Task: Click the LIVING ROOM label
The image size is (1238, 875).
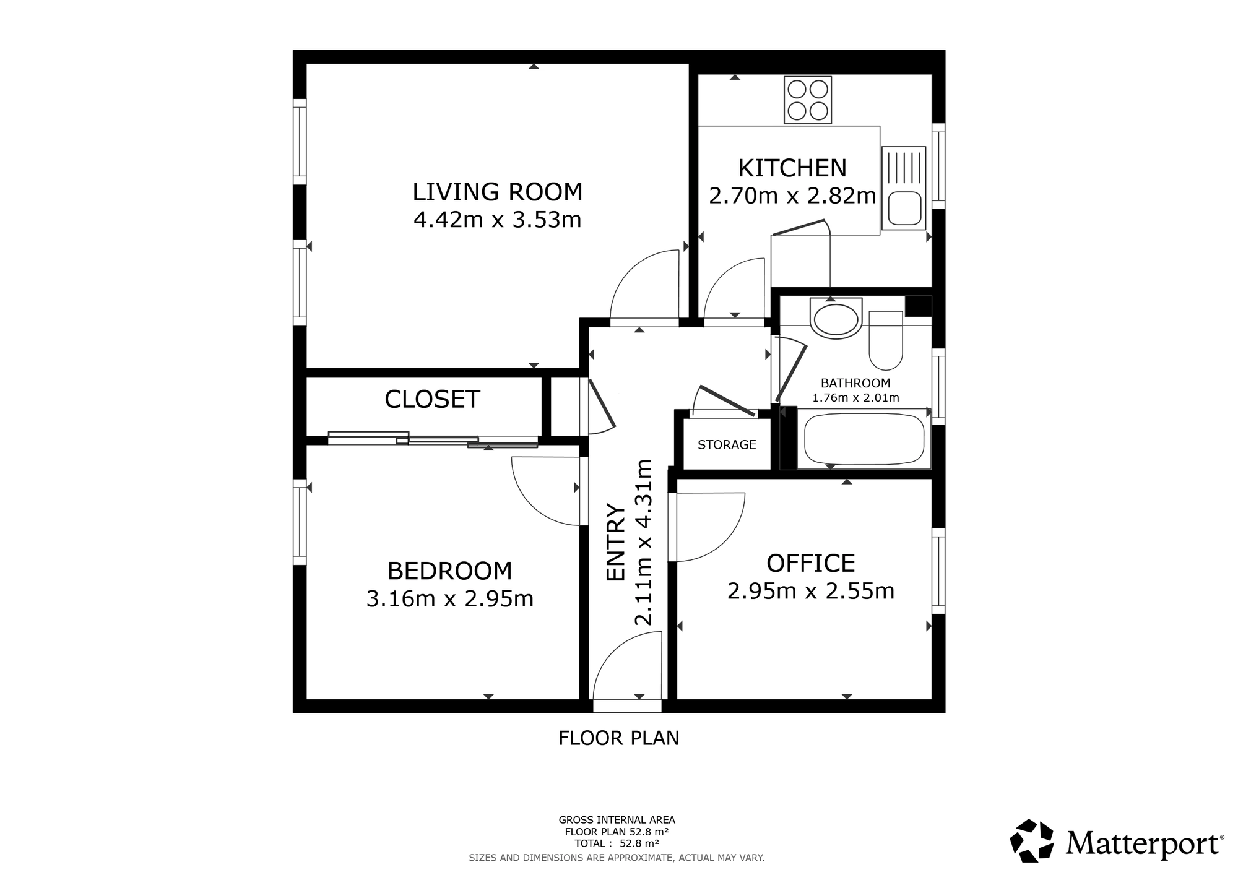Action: coord(498,192)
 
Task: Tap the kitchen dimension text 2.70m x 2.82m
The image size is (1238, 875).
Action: coord(792,196)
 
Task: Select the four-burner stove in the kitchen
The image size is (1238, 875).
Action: coord(808,100)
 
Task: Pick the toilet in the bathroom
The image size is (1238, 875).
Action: coord(886,340)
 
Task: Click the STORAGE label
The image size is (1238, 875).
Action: coord(727,444)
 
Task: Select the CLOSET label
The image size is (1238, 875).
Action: coord(432,399)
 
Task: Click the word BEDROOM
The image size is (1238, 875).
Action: coord(449,571)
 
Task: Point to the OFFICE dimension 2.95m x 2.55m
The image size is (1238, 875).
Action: coord(811,592)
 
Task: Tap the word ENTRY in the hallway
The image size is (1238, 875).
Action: coord(616,542)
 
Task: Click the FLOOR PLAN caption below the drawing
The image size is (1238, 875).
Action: coord(619,738)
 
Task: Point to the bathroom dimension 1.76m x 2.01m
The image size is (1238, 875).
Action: coord(855,398)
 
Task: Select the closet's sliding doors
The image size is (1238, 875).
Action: coord(433,439)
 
